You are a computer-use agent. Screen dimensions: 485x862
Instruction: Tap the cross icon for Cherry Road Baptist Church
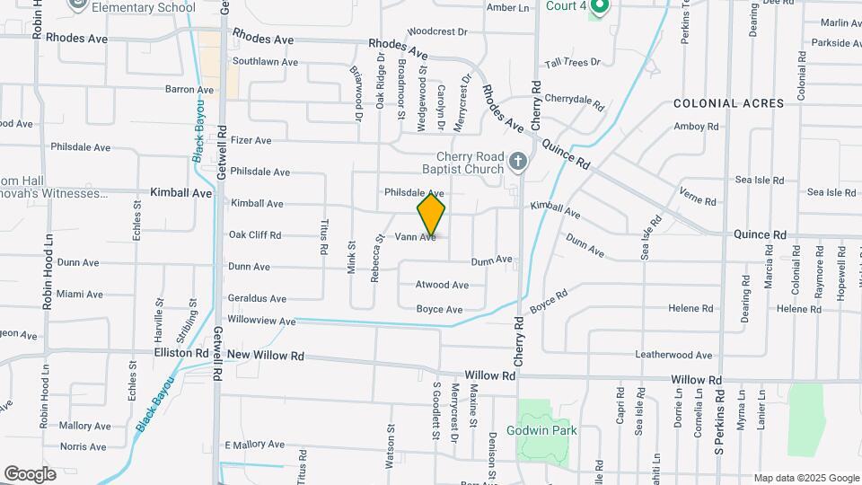tap(517, 162)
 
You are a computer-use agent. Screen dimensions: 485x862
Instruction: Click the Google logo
tap(30, 474)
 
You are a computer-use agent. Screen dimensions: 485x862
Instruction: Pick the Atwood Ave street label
tap(442, 285)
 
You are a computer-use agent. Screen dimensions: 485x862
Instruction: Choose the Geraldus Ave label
tap(258, 298)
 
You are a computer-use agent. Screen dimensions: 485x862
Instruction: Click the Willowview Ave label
tap(261, 321)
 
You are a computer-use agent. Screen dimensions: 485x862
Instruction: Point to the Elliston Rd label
tap(180, 353)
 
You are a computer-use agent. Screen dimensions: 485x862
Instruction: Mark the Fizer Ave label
tap(251, 140)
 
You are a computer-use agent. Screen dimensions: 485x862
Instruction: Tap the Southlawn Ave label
tap(265, 62)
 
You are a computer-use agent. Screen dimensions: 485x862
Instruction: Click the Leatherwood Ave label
tap(673, 355)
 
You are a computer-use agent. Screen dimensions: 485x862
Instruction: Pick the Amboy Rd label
tap(697, 127)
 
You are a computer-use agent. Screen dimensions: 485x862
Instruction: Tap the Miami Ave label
tap(82, 294)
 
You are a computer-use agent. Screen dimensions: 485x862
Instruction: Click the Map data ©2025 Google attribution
tap(806, 478)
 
